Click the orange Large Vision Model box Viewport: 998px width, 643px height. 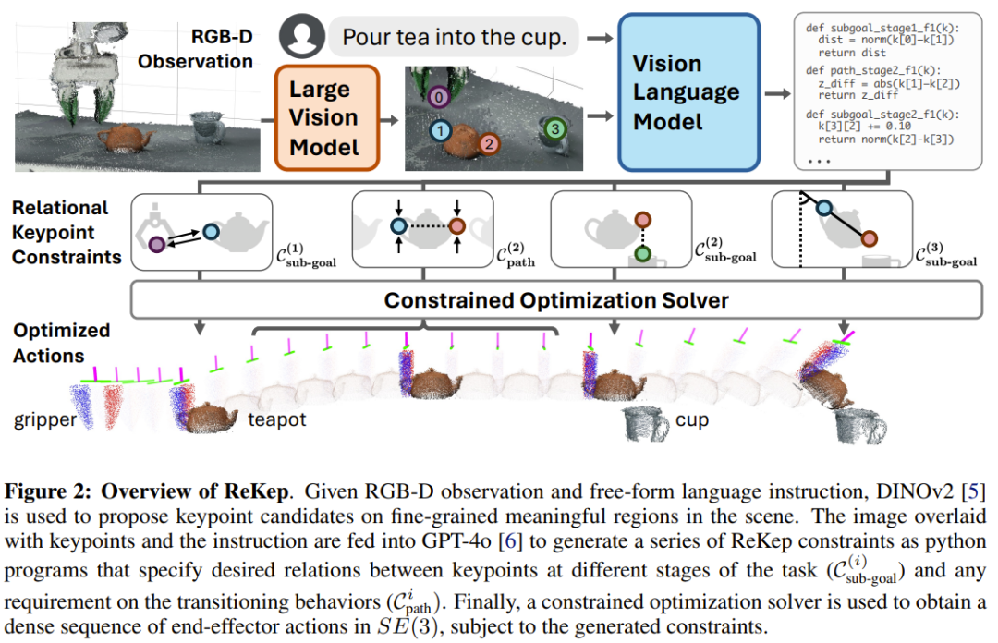pyautogui.click(x=326, y=117)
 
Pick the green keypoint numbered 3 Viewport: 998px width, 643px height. pyautogui.click(x=554, y=129)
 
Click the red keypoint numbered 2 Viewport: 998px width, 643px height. pyautogui.click(x=489, y=144)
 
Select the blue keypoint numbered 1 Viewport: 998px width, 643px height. pyautogui.click(x=442, y=132)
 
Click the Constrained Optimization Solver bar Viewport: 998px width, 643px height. pyautogui.click(x=556, y=300)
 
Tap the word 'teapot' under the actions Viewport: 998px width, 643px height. pyautogui.click(x=276, y=420)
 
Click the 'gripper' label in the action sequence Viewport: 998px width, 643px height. pyautogui.click(x=43, y=420)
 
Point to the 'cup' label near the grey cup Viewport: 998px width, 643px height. pyautogui.click(x=692, y=420)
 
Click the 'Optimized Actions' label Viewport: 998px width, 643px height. pyautogui.click(x=62, y=343)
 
